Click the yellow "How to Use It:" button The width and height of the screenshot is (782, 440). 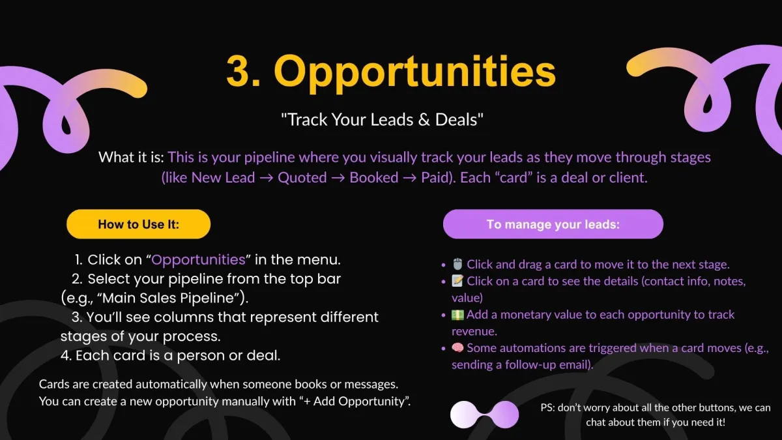(x=139, y=224)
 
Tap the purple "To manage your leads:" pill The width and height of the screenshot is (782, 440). (x=553, y=224)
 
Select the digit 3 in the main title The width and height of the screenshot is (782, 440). (x=238, y=72)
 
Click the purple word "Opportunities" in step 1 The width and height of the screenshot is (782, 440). (x=198, y=260)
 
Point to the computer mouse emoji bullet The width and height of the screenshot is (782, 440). (x=457, y=265)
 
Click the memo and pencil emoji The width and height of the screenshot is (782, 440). (x=457, y=281)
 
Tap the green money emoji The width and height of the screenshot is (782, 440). (x=457, y=315)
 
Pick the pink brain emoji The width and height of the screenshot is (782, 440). (x=457, y=348)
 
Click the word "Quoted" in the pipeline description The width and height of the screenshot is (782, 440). (x=302, y=178)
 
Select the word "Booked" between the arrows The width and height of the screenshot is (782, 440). (x=374, y=178)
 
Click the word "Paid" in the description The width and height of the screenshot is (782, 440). (x=434, y=178)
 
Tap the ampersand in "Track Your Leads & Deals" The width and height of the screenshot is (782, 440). (x=424, y=120)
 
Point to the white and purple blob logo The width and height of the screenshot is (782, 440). (x=485, y=415)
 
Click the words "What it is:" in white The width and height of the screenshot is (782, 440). (x=131, y=157)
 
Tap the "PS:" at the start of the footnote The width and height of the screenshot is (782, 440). (x=547, y=407)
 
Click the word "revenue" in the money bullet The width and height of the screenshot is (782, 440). (x=473, y=331)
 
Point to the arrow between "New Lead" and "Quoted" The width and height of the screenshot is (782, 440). (x=267, y=178)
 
